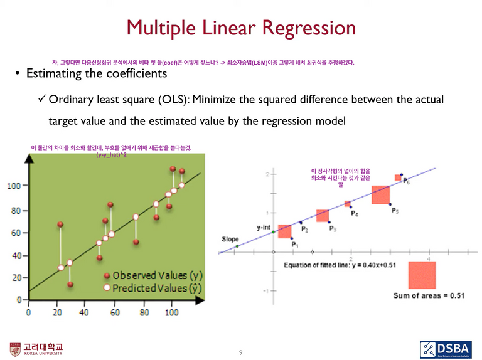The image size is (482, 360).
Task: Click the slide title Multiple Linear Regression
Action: [241, 28]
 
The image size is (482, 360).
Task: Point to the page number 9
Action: [240, 352]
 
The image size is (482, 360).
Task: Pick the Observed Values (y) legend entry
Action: [154, 275]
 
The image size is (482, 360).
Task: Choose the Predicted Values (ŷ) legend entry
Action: [154, 288]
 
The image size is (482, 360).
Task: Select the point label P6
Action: [407, 181]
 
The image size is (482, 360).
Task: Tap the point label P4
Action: [355, 214]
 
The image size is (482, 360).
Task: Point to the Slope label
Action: [230, 239]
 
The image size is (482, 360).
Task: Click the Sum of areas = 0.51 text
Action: [429, 295]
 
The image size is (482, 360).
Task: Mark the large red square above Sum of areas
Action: [422, 275]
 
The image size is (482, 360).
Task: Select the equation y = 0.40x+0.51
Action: [372, 265]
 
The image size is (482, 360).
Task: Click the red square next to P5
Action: [381, 195]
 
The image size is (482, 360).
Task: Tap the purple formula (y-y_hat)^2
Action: [112, 154]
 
